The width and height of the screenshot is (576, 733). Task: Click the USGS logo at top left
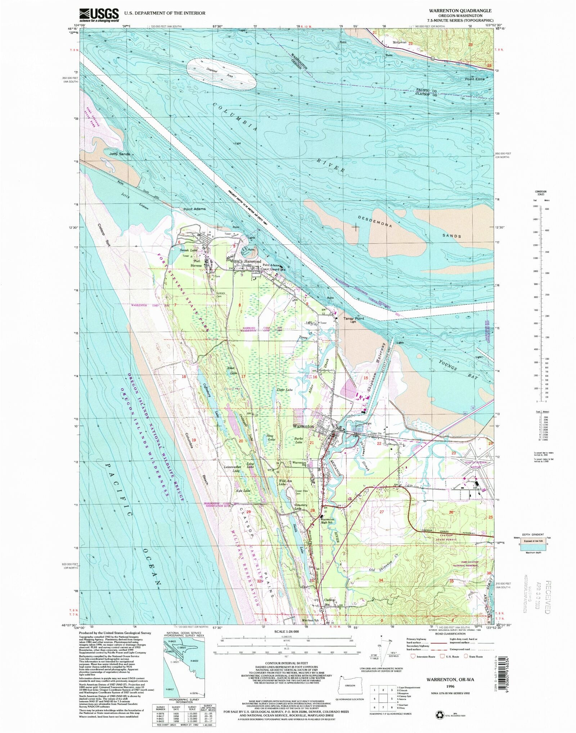pyautogui.click(x=99, y=15)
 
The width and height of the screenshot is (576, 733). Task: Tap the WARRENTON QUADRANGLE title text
pyautogui.click(x=460, y=11)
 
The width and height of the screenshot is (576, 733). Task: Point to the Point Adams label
pyautogui.click(x=194, y=209)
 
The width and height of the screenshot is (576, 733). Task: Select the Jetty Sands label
pyautogui.click(x=119, y=154)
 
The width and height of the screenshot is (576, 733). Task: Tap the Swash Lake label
pyautogui.click(x=189, y=250)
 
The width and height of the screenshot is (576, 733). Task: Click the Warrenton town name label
pyautogui.click(x=303, y=426)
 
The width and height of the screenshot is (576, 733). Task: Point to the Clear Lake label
pyautogui.click(x=284, y=390)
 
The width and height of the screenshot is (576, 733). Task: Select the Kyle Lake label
pyautogui.click(x=243, y=490)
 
